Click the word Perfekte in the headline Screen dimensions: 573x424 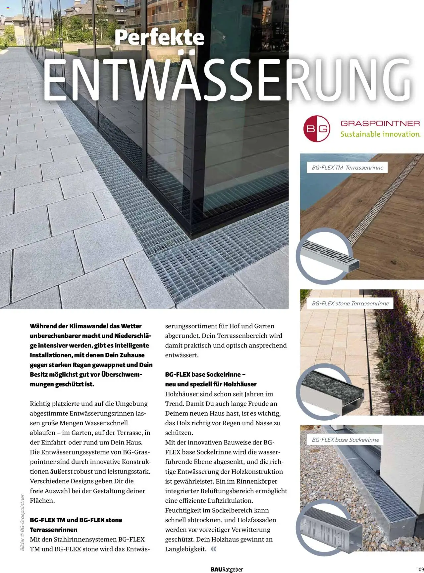(x=159, y=37)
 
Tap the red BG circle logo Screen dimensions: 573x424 (x=317, y=129)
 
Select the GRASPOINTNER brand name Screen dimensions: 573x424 (x=380, y=124)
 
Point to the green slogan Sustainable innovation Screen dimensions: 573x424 (x=380, y=134)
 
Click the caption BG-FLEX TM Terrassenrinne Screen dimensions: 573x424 (x=347, y=168)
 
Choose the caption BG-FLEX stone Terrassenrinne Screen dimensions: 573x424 (x=350, y=303)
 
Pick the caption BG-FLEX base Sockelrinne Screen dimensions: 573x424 (x=345, y=440)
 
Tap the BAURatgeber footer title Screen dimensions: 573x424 (x=227, y=569)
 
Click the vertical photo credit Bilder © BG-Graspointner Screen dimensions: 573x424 (x=23, y=522)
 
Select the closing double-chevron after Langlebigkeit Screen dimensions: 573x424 (x=214, y=549)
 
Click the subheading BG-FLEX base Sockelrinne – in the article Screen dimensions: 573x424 (x=205, y=375)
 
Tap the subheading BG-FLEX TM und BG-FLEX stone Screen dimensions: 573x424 (x=76, y=520)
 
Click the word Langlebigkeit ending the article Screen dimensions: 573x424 (x=185, y=549)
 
